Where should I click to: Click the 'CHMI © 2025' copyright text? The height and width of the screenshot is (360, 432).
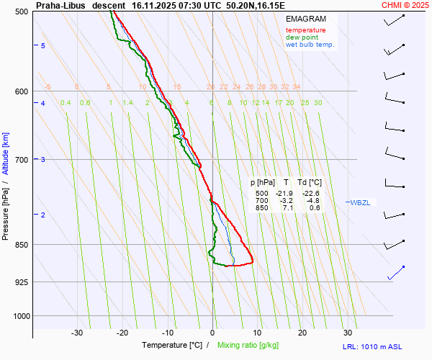[x=405, y=5]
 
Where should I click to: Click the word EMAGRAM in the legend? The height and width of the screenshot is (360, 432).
[x=305, y=19]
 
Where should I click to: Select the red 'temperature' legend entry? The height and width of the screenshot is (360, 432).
[x=305, y=30]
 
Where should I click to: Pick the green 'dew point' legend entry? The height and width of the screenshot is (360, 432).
[x=302, y=37]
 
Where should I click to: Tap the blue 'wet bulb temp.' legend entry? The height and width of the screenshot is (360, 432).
[x=310, y=45]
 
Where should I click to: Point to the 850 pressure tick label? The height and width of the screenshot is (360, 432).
[x=21, y=245]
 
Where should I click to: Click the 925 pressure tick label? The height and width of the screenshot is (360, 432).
[x=21, y=282]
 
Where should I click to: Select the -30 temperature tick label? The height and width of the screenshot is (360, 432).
[x=77, y=333]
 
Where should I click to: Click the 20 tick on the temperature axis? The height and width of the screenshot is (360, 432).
[x=302, y=333]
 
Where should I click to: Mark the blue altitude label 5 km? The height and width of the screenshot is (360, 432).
[x=43, y=45]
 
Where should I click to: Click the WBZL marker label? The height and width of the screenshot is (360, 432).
[x=359, y=203]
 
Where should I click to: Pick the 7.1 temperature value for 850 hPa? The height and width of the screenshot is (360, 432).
[x=286, y=208]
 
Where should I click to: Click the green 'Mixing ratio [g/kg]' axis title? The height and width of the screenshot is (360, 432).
[x=251, y=346]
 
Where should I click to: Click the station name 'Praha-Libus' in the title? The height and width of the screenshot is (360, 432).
[x=60, y=5]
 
